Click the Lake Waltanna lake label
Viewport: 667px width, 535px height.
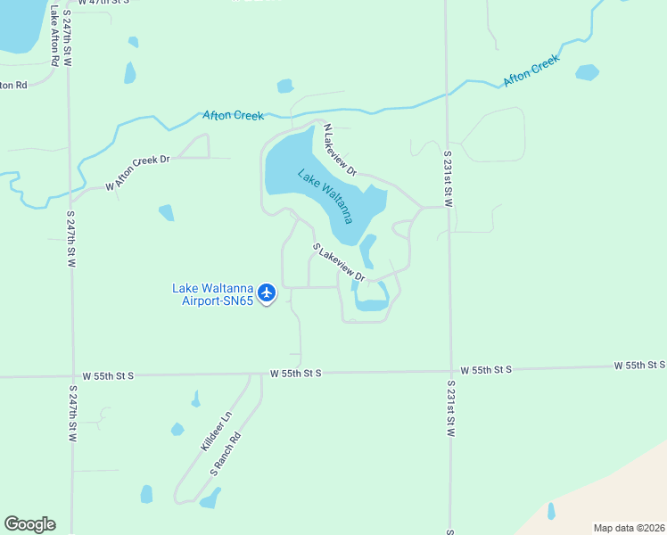[x=325, y=196]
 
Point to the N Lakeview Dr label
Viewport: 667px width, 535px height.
[x=340, y=150]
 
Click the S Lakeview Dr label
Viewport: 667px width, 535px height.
[x=339, y=263]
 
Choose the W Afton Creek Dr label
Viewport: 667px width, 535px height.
[x=137, y=173]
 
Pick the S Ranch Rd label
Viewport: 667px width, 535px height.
[x=226, y=453]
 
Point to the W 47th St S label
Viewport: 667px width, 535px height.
[x=103, y=3]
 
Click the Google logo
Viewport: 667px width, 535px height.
[x=29, y=524]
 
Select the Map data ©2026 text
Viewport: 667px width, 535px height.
[x=629, y=528]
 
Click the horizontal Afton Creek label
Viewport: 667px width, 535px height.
[x=233, y=116]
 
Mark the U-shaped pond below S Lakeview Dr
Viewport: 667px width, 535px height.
[x=371, y=301]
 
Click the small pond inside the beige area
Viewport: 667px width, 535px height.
[x=550, y=511]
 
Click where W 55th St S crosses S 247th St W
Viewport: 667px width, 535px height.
[x=70, y=376]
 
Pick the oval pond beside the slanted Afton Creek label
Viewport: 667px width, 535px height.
[x=587, y=72]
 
